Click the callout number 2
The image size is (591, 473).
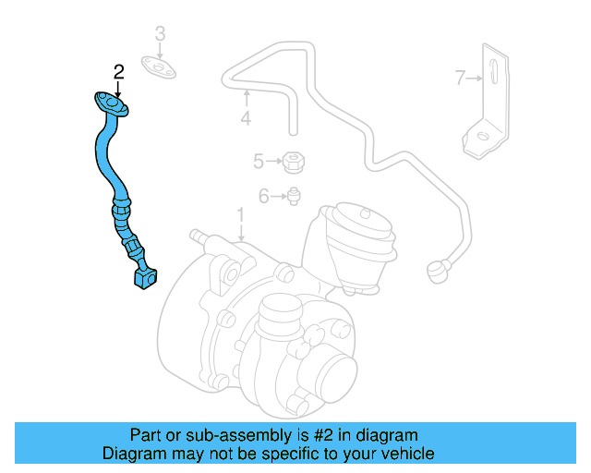click(x=118, y=70)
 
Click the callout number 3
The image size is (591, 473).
click(x=160, y=35)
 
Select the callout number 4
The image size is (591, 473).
click(x=246, y=118)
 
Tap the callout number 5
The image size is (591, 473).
click(x=258, y=162)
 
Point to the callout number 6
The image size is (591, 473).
click(x=263, y=195)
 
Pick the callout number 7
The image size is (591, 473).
click(x=461, y=79)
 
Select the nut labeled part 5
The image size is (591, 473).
click(x=293, y=162)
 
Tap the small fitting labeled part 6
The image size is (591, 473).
click(x=293, y=195)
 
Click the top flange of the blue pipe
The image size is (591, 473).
click(x=110, y=104)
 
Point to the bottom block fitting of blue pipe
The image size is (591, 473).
click(x=144, y=277)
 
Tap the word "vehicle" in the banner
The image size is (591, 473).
click(x=407, y=454)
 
